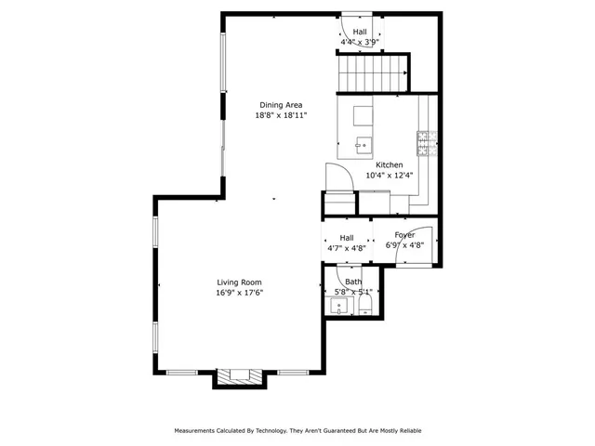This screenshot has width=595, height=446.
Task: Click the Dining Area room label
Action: coord(280,105)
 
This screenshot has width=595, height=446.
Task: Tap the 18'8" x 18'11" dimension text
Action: coord(280,115)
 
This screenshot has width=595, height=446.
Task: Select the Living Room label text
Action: coord(239,282)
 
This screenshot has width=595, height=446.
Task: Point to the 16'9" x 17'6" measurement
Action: coord(239,293)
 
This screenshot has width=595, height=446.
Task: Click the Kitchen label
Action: coord(389,164)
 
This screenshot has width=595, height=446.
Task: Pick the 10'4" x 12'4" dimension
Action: coord(389,175)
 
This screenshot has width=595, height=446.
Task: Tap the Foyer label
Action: coord(404,235)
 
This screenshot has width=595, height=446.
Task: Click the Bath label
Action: coord(353,282)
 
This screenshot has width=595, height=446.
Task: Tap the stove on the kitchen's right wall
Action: coord(427,140)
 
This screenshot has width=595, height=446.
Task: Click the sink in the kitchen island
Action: coord(364,144)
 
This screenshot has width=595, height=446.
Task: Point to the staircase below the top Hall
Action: coord(373,72)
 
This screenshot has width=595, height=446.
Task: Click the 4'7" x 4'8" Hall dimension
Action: coord(346,248)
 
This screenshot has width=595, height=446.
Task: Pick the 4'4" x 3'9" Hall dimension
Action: coord(359,42)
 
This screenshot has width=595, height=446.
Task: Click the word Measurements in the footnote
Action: coord(202,431)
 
